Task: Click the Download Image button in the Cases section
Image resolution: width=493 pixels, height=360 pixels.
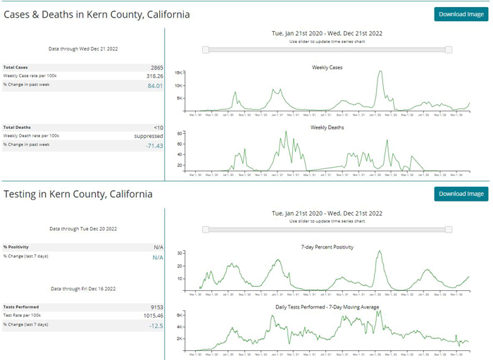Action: (x=461, y=14)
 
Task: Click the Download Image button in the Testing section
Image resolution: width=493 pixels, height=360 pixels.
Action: (x=461, y=194)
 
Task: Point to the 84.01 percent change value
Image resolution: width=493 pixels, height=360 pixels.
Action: (x=155, y=85)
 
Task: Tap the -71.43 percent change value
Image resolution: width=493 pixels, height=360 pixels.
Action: (x=154, y=145)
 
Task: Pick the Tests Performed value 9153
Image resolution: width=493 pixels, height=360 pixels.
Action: (x=156, y=307)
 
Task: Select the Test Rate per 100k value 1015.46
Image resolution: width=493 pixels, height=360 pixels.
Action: (x=152, y=316)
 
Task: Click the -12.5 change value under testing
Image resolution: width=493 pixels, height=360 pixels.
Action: (x=156, y=325)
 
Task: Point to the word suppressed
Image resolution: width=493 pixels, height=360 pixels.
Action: (x=149, y=136)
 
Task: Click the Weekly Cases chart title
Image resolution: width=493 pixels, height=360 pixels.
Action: (x=326, y=68)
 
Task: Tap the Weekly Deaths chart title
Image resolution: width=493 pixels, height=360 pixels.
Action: (x=326, y=128)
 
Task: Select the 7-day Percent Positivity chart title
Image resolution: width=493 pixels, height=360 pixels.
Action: (x=326, y=247)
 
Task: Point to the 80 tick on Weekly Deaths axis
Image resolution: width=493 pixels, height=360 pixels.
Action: (x=180, y=133)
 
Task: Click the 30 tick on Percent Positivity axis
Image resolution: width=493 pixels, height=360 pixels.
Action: (x=180, y=252)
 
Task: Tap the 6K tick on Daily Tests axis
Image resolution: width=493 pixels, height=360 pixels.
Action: (x=180, y=314)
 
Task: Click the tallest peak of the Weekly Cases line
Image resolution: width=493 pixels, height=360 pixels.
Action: (x=380, y=71)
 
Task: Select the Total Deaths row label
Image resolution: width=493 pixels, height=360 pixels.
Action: (x=17, y=128)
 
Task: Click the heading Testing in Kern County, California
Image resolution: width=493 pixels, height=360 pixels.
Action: (x=78, y=194)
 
